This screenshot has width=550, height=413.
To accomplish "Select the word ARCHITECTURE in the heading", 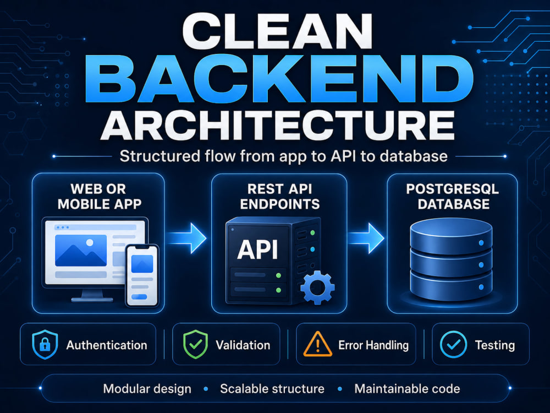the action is pos(278,126).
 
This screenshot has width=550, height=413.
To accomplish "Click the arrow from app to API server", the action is pos(187,238).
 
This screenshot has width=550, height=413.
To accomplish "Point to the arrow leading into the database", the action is pos(366,238).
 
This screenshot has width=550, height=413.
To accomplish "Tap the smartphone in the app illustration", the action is pos(142,276).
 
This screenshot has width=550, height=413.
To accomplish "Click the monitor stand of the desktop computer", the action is pos(92,296).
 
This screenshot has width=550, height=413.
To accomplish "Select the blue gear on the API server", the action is pos(317,287).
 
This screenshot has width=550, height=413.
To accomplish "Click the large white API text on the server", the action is pos(258,249).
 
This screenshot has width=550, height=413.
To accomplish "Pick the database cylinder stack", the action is pos(451,259).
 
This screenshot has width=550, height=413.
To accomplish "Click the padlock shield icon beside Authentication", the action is pos(45,345).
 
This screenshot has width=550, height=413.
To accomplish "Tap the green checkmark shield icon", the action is pos(196,345).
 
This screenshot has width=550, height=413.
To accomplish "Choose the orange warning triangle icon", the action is pos(318,344).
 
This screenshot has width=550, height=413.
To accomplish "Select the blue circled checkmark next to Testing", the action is pos(454,345).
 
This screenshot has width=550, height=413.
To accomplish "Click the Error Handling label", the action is pos(373,345).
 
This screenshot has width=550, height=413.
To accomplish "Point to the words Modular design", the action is pos(147,389).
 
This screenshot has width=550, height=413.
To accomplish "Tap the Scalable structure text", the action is pos(272,389).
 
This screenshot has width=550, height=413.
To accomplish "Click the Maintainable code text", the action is pos(407,389).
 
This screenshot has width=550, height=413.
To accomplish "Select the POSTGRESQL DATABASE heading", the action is pos(453,197).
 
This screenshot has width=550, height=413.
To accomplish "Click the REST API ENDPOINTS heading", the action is pos(279,197).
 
